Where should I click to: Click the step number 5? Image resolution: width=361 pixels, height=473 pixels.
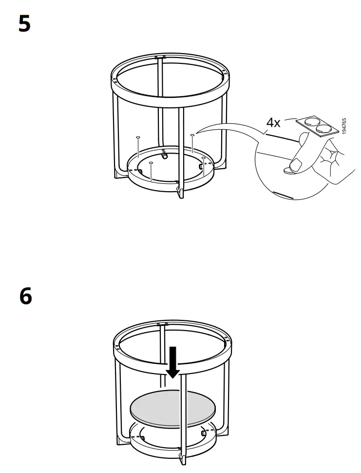(x=24, y=23)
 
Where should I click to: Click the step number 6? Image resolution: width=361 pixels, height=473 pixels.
(x=25, y=296)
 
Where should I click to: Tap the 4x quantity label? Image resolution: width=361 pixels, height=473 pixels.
(x=273, y=122)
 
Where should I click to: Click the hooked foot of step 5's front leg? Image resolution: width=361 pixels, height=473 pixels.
(x=179, y=193)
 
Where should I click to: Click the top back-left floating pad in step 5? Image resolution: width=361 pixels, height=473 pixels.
(x=138, y=138)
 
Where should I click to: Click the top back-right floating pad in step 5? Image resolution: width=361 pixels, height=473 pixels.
(x=192, y=135)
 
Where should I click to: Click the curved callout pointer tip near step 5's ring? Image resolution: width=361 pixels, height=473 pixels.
(x=197, y=132)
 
